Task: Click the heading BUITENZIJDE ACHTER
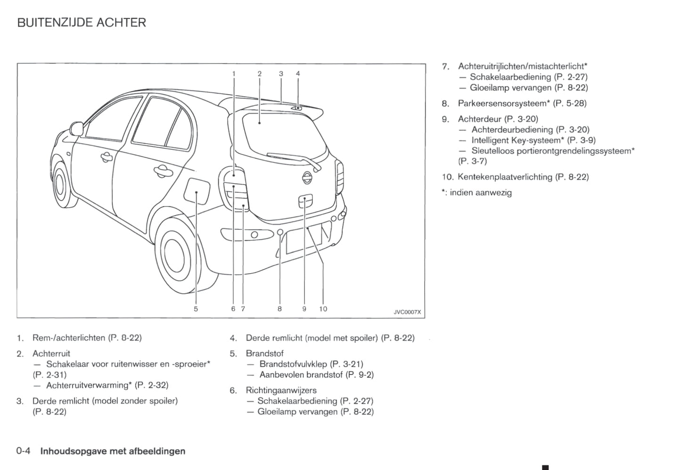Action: point(82,23)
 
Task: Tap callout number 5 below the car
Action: point(196,309)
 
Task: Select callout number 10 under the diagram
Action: point(323,309)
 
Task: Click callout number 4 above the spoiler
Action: point(298,73)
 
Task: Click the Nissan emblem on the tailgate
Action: point(307,178)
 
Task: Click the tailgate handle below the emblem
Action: point(305,200)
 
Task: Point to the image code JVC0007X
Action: point(407,312)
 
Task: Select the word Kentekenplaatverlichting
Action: point(505,177)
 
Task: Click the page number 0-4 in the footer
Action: point(24,451)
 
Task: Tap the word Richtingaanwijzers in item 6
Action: point(281,390)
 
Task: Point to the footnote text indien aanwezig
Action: point(481,193)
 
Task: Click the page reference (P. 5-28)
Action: point(570,103)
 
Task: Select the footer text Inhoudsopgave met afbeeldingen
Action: point(113,451)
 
